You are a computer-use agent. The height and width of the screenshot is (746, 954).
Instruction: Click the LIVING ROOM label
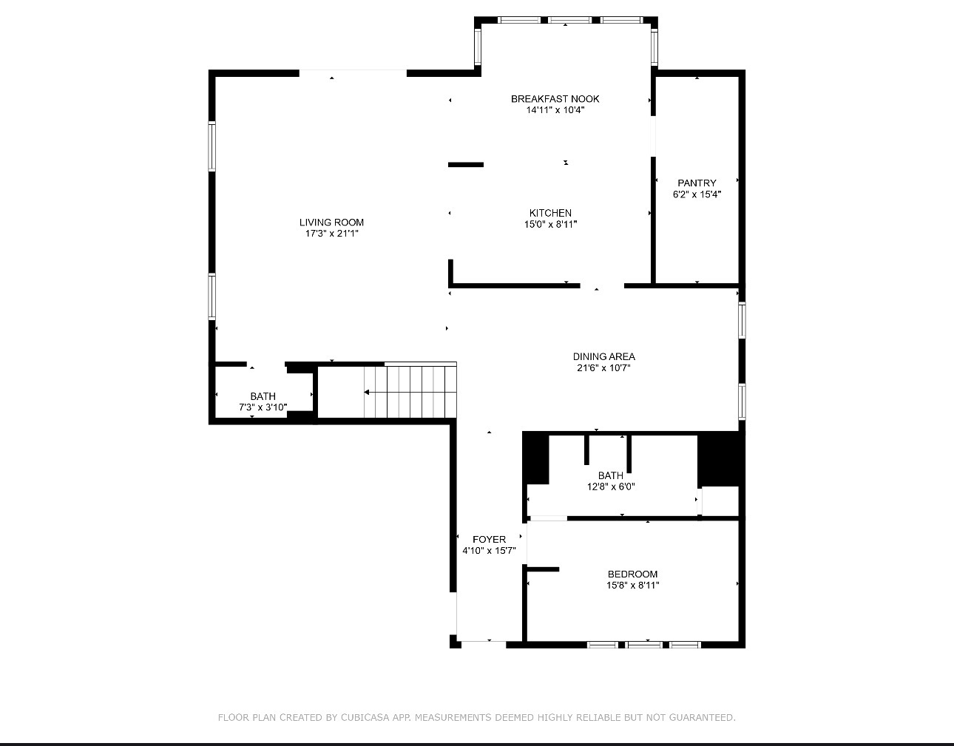coord(331,223)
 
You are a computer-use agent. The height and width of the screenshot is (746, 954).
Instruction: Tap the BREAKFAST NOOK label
coord(555,99)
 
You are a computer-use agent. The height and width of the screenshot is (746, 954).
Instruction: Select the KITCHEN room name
coord(550,213)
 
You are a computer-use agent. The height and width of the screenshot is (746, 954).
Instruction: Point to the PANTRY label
coord(697,183)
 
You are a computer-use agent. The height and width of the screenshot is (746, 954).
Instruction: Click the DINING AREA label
coord(603,357)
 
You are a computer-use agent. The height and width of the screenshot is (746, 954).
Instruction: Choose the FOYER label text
coord(489,539)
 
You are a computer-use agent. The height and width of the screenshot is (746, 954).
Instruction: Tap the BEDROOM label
coord(632,574)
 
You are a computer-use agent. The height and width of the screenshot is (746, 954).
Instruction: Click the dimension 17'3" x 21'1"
coord(332,234)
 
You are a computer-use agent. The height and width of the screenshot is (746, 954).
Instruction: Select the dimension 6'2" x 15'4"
coord(697,194)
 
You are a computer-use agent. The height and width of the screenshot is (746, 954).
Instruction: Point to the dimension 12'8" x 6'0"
coord(611,486)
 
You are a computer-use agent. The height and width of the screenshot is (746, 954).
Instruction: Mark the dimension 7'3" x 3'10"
coord(263,407)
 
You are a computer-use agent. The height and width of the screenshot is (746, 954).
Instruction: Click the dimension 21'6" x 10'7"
coord(603,367)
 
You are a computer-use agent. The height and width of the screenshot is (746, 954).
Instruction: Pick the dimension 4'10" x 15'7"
coord(489,550)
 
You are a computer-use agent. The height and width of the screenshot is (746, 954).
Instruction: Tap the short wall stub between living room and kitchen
coord(466,165)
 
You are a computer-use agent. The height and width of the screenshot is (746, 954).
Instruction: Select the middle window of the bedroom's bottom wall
coord(644,645)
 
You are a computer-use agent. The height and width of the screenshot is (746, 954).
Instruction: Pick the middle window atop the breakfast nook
coord(569,20)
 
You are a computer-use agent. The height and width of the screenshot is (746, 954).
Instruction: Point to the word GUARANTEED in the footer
coord(702,717)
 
